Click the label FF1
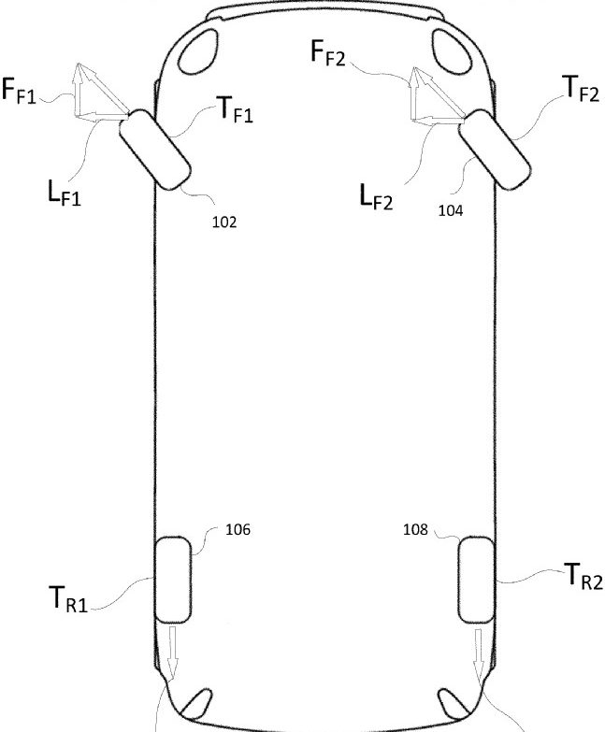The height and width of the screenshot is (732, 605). [19, 91]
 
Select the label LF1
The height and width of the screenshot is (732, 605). [64, 193]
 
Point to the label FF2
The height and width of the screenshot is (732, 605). [327, 52]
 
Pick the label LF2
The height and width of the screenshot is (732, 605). [376, 196]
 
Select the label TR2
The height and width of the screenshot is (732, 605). [583, 577]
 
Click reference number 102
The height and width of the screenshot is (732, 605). [224, 222]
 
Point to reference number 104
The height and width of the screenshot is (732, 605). [451, 210]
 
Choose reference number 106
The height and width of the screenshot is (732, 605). [238, 529]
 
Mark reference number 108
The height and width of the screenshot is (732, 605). [415, 529]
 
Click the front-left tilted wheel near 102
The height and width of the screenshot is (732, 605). [155, 150]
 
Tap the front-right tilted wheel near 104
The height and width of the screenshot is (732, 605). [495, 149]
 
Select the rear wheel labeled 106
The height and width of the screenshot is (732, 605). [173, 580]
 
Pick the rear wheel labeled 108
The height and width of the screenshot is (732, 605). [476, 580]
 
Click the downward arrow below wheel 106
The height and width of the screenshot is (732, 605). [173, 653]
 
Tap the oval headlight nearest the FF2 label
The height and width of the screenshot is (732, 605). [452, 51]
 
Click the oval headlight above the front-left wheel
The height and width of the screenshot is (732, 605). [198, 51]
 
